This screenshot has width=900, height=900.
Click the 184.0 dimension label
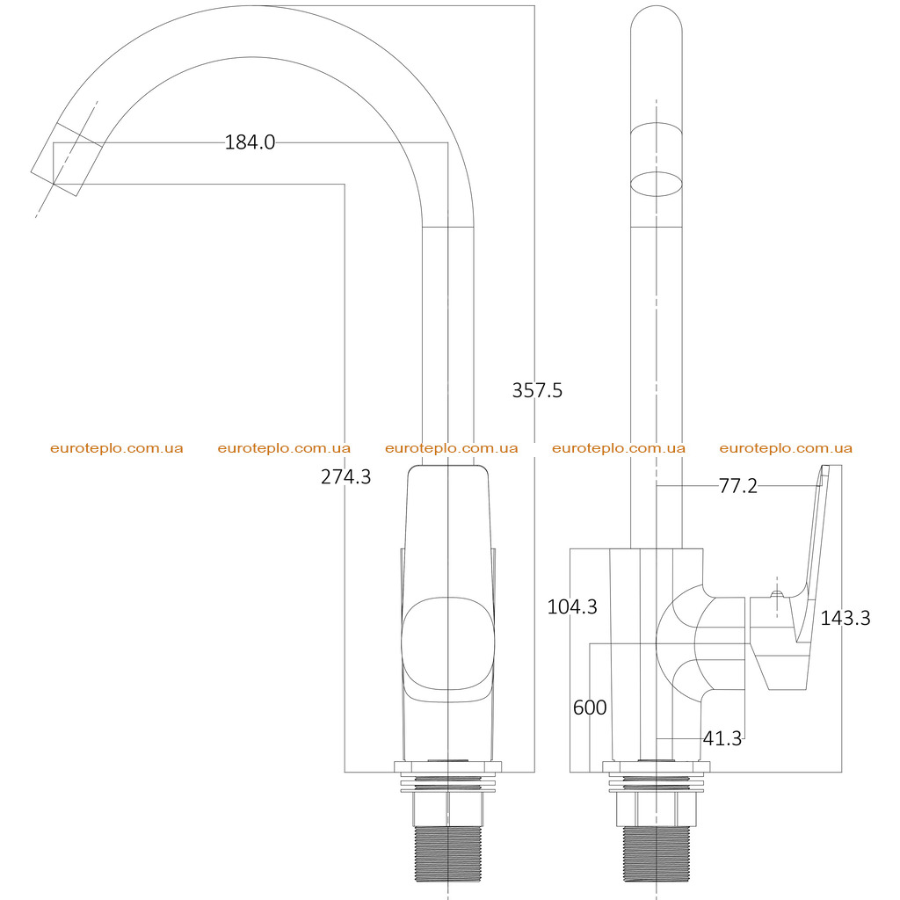250,142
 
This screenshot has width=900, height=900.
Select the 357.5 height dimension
537,390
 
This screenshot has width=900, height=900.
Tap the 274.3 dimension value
345,476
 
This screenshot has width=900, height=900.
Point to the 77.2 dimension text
738,486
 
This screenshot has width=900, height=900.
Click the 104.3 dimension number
572,606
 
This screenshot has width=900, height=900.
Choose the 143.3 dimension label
846,618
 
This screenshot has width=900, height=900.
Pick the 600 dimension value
590,708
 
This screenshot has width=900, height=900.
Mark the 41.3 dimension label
722,738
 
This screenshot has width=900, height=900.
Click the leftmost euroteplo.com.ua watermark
117,448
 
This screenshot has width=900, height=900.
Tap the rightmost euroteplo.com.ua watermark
786,448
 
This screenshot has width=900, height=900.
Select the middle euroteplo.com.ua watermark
452,448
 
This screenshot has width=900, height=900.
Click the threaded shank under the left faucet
447,853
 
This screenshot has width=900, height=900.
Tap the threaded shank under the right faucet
657,853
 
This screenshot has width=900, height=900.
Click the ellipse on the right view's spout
657,184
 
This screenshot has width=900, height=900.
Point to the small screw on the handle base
777,594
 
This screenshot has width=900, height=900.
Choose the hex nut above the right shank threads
657,809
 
